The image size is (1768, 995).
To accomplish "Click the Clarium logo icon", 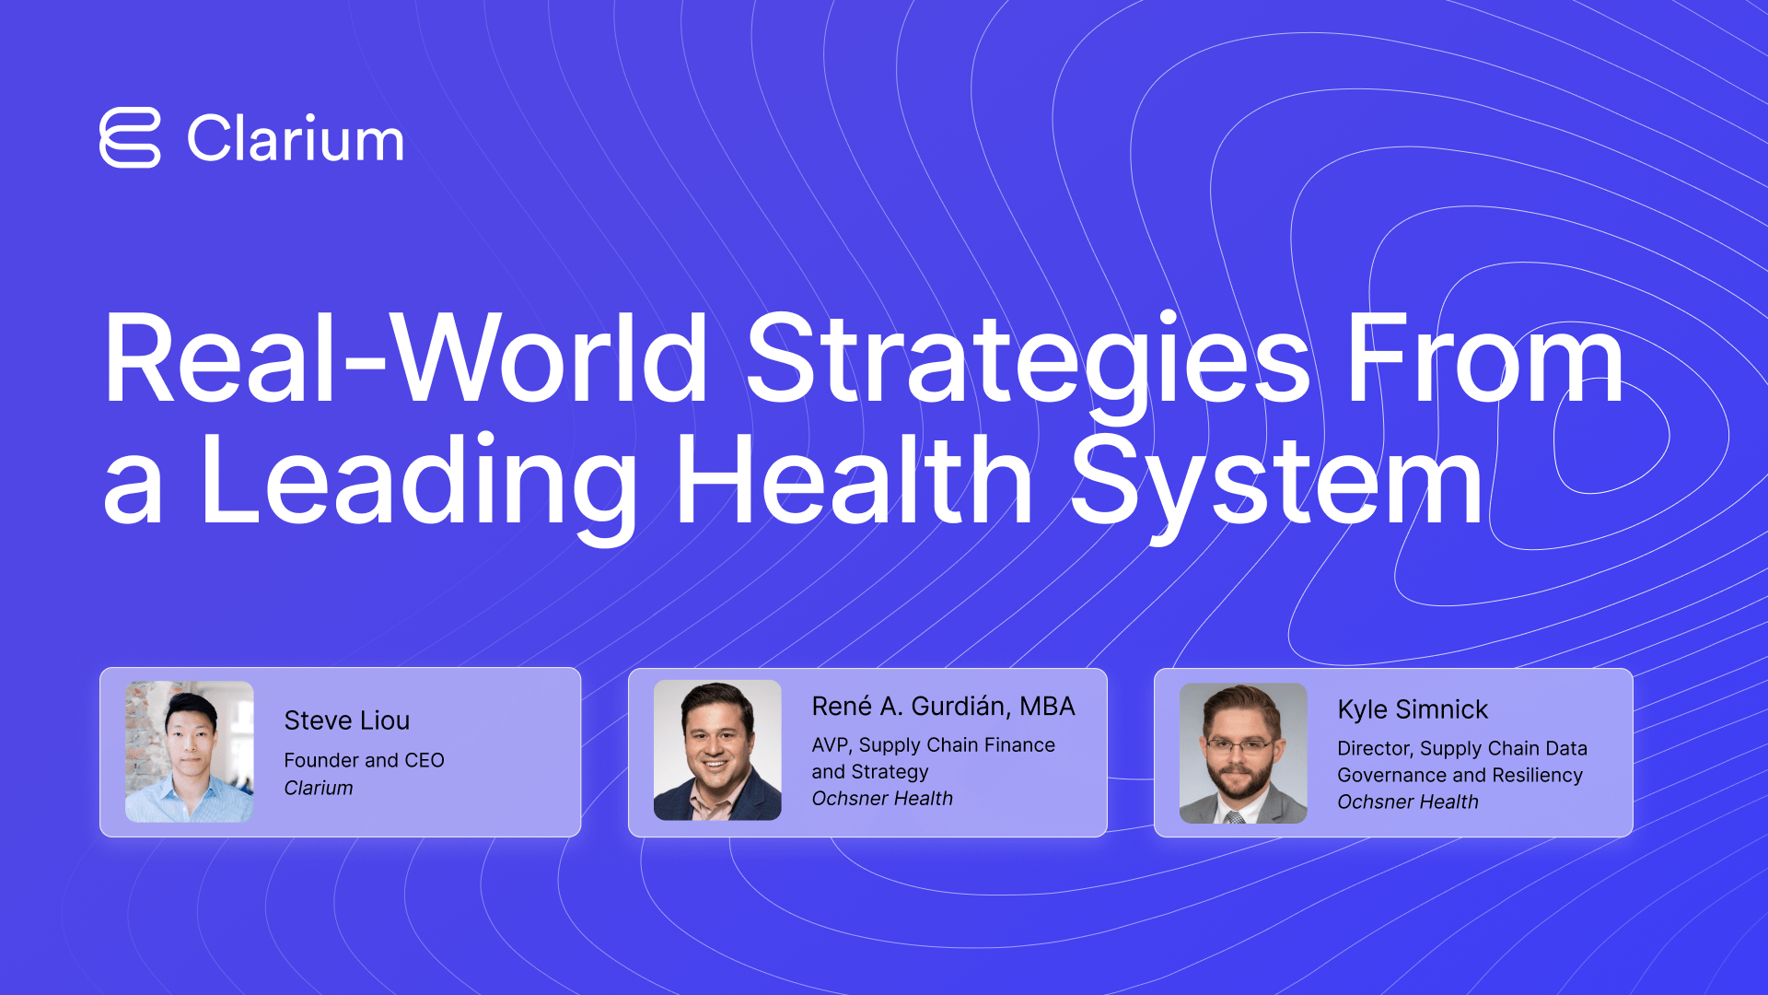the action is (130, 138).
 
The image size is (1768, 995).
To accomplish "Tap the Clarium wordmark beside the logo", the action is (296, 139).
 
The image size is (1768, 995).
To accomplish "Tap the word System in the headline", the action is (1277, 486).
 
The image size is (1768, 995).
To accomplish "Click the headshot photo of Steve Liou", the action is (190, 752).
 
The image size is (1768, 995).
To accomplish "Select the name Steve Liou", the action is (347, 720).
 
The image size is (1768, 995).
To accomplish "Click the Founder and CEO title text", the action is (364, 760).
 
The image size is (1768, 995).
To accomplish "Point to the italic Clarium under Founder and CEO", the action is (319, 788).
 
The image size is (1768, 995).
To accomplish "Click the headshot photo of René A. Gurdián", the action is (717, 750).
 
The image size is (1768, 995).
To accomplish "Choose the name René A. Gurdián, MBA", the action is (943, 706).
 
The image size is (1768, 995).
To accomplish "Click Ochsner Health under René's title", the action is (882, 799).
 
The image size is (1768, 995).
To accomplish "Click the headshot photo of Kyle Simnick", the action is (1243, 754).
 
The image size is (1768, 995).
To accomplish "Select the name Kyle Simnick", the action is (1413, 709).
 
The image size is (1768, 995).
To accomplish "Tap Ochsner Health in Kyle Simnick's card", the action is (1408, 802).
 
